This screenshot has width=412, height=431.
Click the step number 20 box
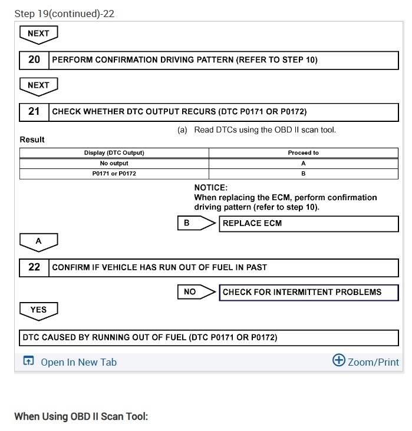pyautogui.click(x=34, y=59)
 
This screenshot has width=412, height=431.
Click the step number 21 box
pyautogui.click(x=34, y=111)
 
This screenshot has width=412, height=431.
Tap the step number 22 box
pyautogui.click(x=34, y=267)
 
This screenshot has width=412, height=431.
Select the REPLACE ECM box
pyautogui.click(x=309, y=224)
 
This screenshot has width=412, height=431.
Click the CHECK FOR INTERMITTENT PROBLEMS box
pyautogui.click(x=309, y=292)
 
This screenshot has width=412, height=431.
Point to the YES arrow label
pyautogui.click(x=38, y=310)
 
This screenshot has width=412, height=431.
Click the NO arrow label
pyautogui.click(x=190, y=292)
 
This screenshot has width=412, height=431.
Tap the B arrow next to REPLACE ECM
pyautogui.click(x=187, y=224)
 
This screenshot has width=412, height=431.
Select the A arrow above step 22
pyautogui.click(x=38, y=241)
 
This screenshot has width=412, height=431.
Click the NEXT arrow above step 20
pyautogui.click(x=38, y=34)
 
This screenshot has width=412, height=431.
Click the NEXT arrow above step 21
pyautogui.click(x=38, y=85)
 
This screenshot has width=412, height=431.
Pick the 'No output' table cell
pyautogui.click(x=114, y=163)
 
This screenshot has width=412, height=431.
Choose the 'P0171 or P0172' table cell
pyautogui.click(x=114, y=174)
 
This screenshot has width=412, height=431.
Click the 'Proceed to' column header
pyautogui.click(x=303, y=152)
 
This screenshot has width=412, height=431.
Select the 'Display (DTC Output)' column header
pyautogui.click(x=114, y=152)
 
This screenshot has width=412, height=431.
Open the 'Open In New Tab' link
pyautogui.click(x=78, y=362)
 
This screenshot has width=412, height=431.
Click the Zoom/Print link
pyautogui.click(x=373, y=362)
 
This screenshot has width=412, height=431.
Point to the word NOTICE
pyautogui.click(x=210, y=187)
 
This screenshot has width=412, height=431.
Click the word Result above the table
pyautogui.click(x=32, y=140)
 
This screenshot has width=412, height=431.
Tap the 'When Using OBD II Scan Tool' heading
pyautogui.click(x=81, y=417)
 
